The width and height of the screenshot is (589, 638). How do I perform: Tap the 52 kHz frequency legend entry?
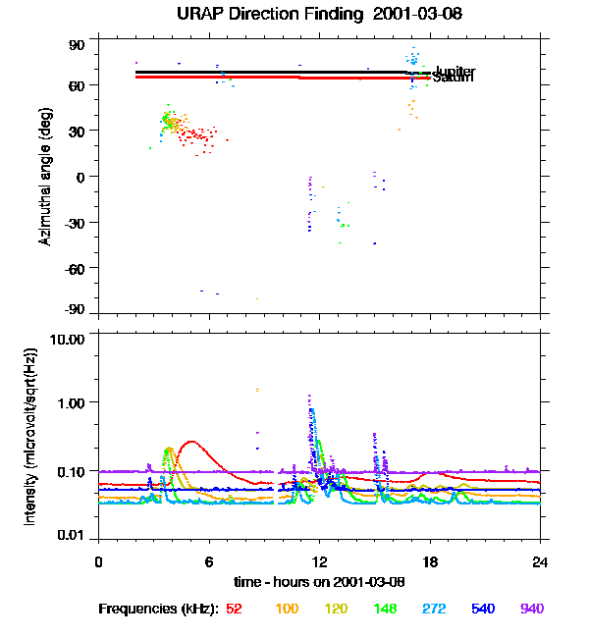234,609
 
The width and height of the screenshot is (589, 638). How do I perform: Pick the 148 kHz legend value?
386,609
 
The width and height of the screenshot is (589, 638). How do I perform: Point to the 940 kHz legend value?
532,609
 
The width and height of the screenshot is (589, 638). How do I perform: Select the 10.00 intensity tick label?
69,339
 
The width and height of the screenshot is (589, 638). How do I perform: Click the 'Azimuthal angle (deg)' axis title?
45,177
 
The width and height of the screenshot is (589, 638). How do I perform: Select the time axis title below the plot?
319,582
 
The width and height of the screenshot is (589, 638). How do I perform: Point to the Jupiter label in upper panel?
455,72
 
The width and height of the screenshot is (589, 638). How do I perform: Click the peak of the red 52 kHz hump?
190,442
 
